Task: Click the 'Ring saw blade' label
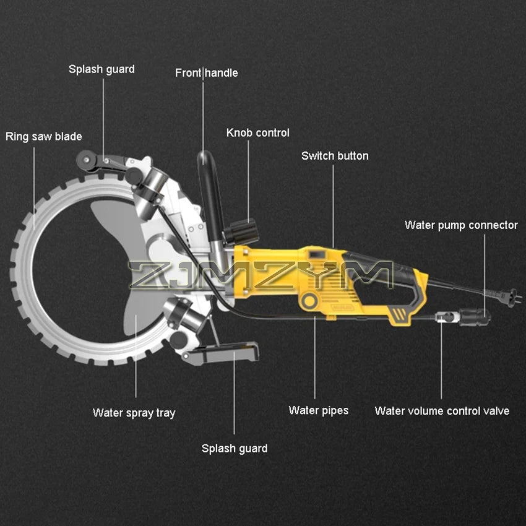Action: coord(44,136)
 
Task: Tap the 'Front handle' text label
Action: coord(206,73)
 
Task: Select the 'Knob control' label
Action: coord(257,132)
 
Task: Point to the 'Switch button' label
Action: coord(335,155)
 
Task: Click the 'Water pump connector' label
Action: coord(461,225)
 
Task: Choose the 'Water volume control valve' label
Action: coord(442,411)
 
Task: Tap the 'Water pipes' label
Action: coord(318,410)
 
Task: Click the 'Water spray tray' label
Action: coord(134,413)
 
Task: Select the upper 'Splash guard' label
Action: coord(101,69)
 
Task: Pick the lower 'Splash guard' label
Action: coord(235,448)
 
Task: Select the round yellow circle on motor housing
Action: coord(308,300)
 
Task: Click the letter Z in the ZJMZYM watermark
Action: coord(145,275)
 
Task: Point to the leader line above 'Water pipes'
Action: coord(315,359)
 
